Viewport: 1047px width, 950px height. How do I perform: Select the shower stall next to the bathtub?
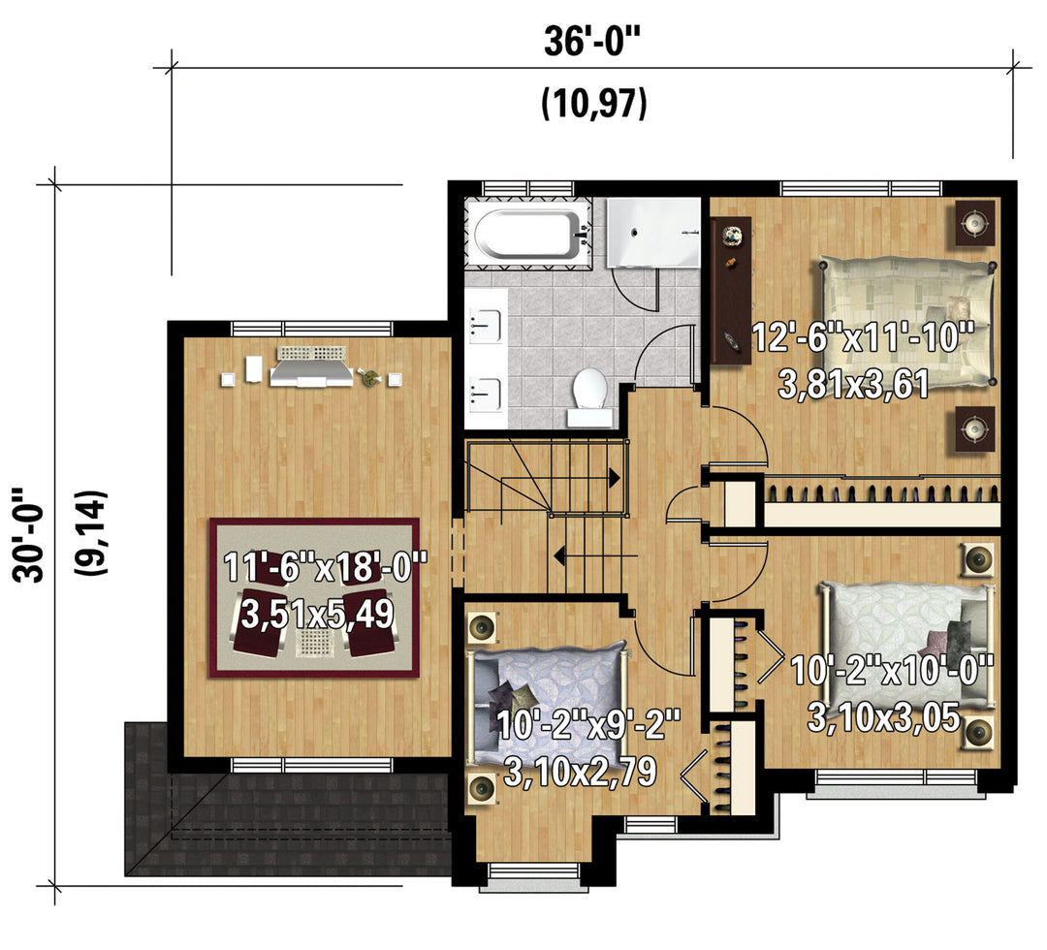coord(653,233)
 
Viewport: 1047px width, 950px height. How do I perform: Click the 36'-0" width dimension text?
coord(591,42)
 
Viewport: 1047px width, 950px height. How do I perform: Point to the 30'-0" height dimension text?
coord(28,535)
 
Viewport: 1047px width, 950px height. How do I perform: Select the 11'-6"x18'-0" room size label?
coord(325,567)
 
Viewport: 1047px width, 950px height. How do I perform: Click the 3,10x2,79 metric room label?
coord(580,772)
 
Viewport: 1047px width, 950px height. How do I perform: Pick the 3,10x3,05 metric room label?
coord(883,717)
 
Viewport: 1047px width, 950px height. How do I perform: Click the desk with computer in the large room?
coord(311,367)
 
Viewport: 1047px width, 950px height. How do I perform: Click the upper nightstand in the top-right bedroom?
coord(975,222)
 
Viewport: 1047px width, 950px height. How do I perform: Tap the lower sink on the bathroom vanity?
coord(485,395)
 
